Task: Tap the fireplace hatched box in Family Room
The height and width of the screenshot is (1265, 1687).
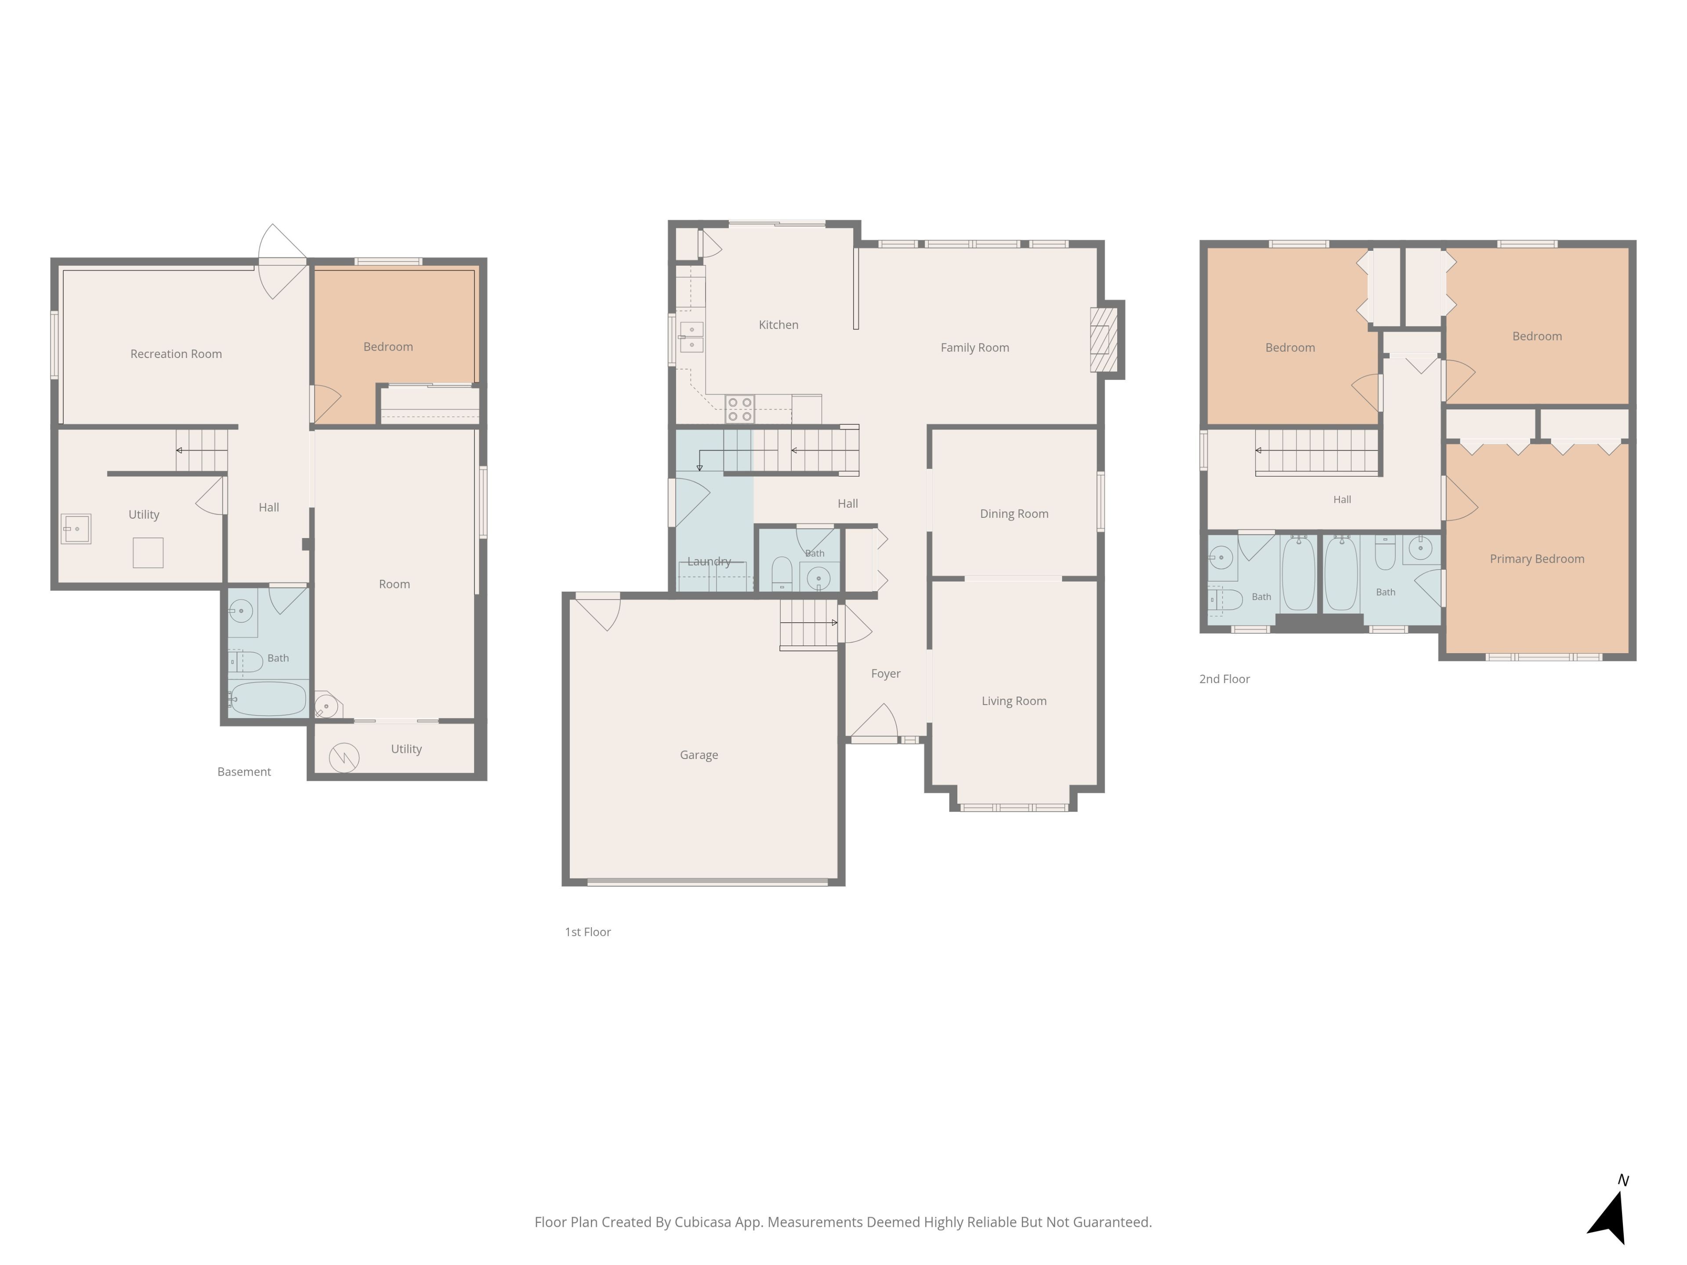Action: tap(1104, 340)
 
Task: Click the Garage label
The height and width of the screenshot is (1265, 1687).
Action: tap(699, 755)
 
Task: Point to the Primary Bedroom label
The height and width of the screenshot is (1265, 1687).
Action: tap(1537, 559)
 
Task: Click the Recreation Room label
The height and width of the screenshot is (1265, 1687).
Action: tap(176, 354)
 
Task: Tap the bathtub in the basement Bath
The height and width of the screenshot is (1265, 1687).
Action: tap(268, 698)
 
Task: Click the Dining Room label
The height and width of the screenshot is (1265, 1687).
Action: tap(1014, 514)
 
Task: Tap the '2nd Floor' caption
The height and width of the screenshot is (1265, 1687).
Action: tap(1224, 679)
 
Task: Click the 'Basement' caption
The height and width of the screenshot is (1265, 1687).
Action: tap(244, 772)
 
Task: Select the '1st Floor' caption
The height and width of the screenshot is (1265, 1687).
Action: tap(587, 932)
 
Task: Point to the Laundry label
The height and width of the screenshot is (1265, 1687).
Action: tap(709, 561)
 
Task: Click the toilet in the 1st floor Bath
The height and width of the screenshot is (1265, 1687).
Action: tap(782, 573)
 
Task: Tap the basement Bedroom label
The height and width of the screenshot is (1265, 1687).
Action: tap(388, 347)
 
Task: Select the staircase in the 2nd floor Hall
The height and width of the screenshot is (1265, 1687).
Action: tap(1317, 452)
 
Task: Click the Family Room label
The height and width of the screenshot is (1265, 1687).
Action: tap(975, 348)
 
